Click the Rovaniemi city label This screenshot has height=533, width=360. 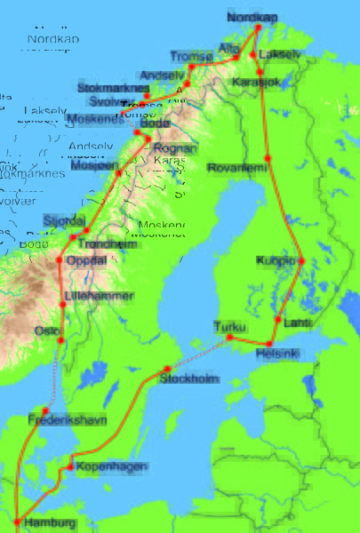point(236,167)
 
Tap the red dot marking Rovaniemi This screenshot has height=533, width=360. point(268,159)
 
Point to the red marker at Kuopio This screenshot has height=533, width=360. point(301,261)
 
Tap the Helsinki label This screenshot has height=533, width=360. point(277,354)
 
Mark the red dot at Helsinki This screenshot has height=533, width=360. point(269,344)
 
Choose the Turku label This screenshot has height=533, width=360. point(230,326)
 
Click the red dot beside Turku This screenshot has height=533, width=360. point(229,338)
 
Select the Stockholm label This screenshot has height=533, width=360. point(189,379)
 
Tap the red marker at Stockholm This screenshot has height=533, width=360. point(167,370)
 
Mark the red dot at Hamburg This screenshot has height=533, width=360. point(16,521)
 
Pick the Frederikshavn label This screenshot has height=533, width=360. point(67,417)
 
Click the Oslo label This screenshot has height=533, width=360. point(46,330)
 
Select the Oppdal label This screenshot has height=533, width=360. point(85,260)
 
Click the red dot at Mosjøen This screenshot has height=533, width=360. point(117,173)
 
